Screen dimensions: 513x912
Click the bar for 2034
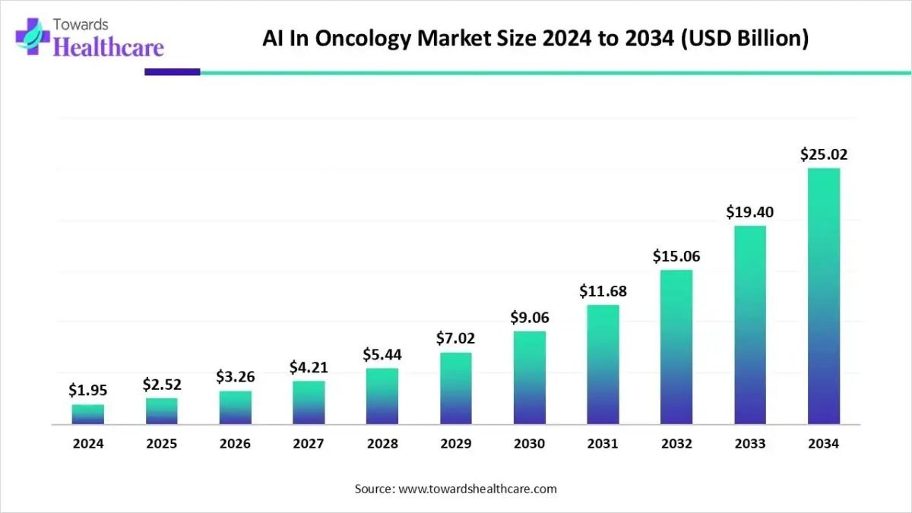pos(824,296)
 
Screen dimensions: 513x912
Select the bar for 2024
pos(88,414)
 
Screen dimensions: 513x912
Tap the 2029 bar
pos(455,388)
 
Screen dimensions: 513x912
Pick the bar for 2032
pos(676,347)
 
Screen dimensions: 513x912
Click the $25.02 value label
pos(824,155)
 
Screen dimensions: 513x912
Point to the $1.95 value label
pos(88,391)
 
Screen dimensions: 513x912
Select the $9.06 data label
pos(529,317)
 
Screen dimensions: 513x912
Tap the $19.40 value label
pos(749,212)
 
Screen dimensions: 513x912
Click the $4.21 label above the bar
pos(309,368)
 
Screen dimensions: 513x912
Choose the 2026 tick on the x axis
pos(236,444)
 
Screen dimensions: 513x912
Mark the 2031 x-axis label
pos(603,444)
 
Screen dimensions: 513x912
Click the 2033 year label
pos(750,444)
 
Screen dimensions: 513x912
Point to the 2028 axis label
pos(382,444)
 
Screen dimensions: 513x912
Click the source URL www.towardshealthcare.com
pos(477,489)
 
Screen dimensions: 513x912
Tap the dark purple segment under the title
pos(172,72)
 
